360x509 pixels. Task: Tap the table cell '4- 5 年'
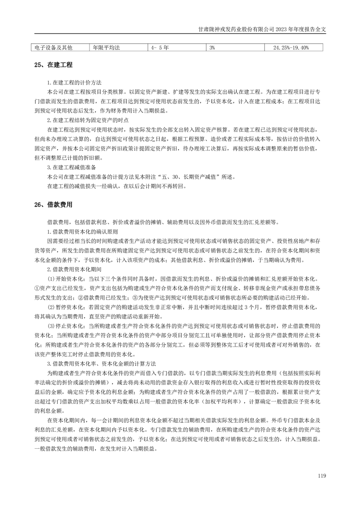(160, 47)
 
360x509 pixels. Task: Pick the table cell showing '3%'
(212, 47)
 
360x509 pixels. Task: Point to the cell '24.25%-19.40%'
(291, 47)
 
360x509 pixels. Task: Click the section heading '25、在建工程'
(53, 66)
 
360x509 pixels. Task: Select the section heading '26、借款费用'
(53, 205)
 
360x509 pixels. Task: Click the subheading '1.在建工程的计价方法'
(74, 83)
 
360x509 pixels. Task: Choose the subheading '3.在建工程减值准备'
(71, 167)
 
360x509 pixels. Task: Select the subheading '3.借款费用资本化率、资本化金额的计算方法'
(102, 364)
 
